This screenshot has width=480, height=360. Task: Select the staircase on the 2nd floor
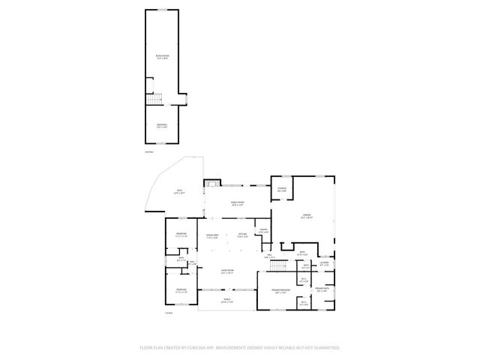click(x=153, y=99)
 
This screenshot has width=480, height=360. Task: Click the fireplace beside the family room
click(x=212, y=182)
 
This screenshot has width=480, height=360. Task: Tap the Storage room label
click(x=282, y=189)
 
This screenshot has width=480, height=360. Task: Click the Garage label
click(x=307, y=216)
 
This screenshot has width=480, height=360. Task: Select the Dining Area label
click(x=212, y=236)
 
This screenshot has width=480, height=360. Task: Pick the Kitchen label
click(x=243, y=236)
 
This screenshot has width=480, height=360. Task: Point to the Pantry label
click(x=262, y=231)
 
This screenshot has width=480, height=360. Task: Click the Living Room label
click(x=226, y=272)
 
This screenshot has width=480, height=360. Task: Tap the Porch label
click(x=226, y=300)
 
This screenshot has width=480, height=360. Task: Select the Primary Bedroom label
click(x=281, y=293)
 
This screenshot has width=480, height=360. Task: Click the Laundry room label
click(x=324, y=263)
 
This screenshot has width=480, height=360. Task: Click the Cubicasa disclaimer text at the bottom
click(x=239, y=348)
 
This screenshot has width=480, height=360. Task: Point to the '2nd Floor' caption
click(x=148, y=152)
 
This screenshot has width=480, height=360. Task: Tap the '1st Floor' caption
click(x=169, y=313)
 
